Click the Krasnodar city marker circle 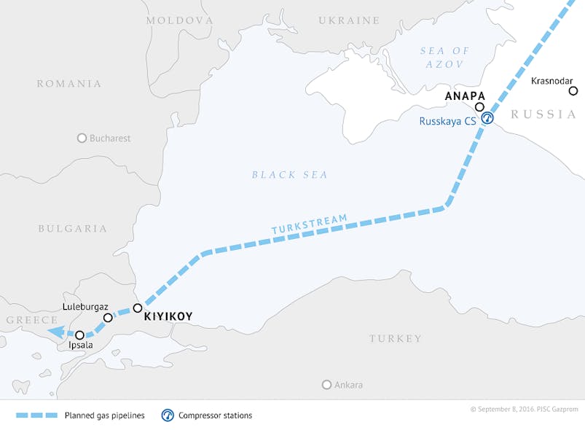(573, 91)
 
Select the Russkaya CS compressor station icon (487, 118)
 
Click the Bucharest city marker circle (82, 138)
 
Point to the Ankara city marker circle (326, 385)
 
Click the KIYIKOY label (168, 318)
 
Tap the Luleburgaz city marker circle (108, 318)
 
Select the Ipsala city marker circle (79, 335)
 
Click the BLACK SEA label (289, 175)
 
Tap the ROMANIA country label (69, 84)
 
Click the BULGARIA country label (72, 228)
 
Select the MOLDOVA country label (180, 20)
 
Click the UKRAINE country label (349, 20)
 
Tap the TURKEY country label (395, 339)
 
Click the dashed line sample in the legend (36, 415)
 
